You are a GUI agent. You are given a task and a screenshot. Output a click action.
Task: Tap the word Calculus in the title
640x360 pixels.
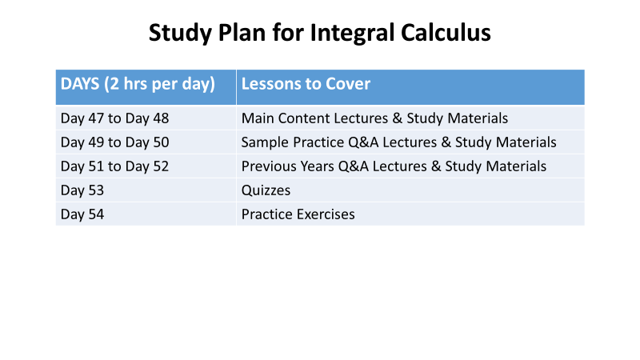pyautogui.click(x=446, y=32)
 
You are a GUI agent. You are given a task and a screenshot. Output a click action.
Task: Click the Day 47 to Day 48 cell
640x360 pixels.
pyautogui.click(x=146, y=118)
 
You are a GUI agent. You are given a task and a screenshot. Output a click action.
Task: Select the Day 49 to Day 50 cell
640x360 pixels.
pyautogui.click(x=146, y=142)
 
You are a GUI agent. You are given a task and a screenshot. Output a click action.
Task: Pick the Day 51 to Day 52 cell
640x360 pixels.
pyautogui.click(x=146, y=166)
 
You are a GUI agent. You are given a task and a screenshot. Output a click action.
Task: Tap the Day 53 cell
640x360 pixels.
pyautogui.click(x=146, y=190)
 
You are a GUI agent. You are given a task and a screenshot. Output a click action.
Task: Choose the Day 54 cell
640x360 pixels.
pyautogui.click(x=146, y=214)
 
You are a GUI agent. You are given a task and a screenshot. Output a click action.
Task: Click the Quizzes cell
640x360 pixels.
pyautogui.click(x=410, y=190)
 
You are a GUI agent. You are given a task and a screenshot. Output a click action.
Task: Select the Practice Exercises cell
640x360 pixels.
pyautogui.click(x=410, y=214)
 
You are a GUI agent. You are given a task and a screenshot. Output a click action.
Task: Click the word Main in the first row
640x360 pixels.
pyautogui.click(x=257, y=118)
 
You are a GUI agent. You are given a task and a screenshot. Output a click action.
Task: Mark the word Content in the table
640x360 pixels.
pyautogui.click(x=304, y=118)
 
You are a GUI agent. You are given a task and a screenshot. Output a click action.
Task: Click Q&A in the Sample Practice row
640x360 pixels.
pyautogui.click(x=363, y=142)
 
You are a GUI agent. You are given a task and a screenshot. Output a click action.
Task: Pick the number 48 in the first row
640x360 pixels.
pyautogui.click(x=161, y=118)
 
